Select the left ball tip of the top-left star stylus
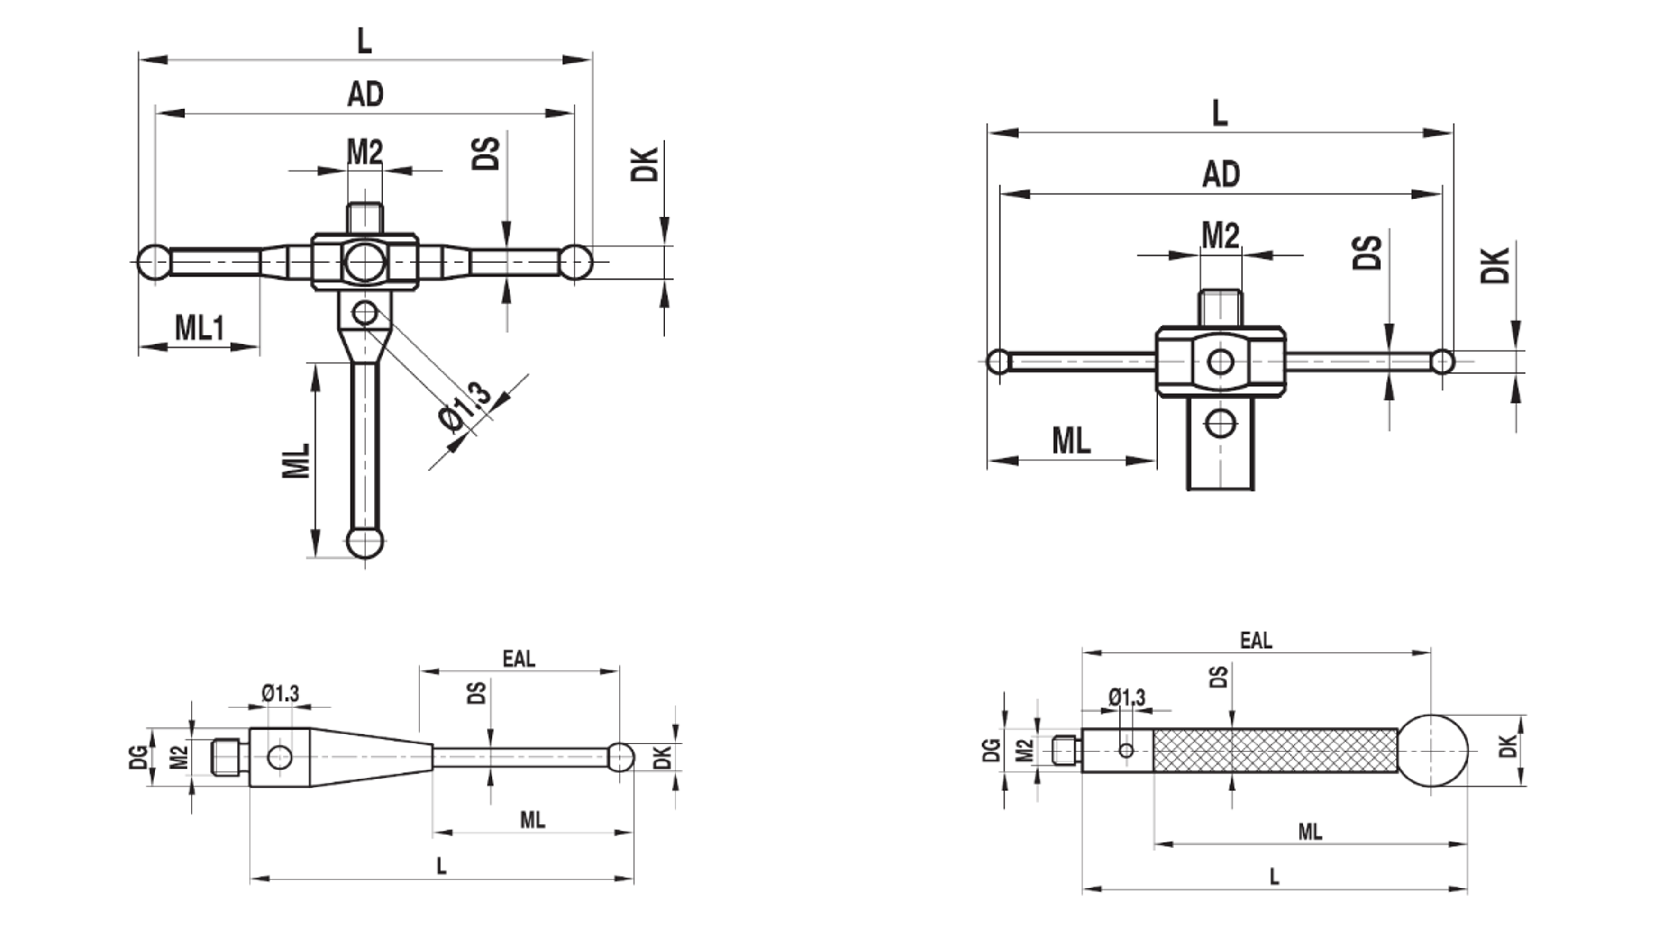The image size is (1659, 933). [x=154, y=262]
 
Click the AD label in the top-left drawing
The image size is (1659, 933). [x=365, y=94]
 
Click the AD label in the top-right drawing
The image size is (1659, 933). [x=1221, y=174]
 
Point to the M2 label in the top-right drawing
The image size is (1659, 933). [x=1221, y=235]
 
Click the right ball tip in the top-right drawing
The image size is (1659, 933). [x=1442, y=362]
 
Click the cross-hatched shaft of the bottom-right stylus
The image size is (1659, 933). [x=1275, y=750]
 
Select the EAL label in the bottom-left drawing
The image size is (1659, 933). [x=519, y=659]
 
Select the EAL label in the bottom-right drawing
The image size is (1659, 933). [x=1256, y=640]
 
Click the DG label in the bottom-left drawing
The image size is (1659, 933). [x=138, y=757]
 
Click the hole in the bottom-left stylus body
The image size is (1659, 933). [x=280, y=757]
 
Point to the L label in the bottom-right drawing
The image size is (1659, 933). [x=1274, y=876]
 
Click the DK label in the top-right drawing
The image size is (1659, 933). [x=1494, y=265]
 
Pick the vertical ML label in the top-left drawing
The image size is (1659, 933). [x=296, y=461]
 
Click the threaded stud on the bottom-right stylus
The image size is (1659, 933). [x=1066, y=750]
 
